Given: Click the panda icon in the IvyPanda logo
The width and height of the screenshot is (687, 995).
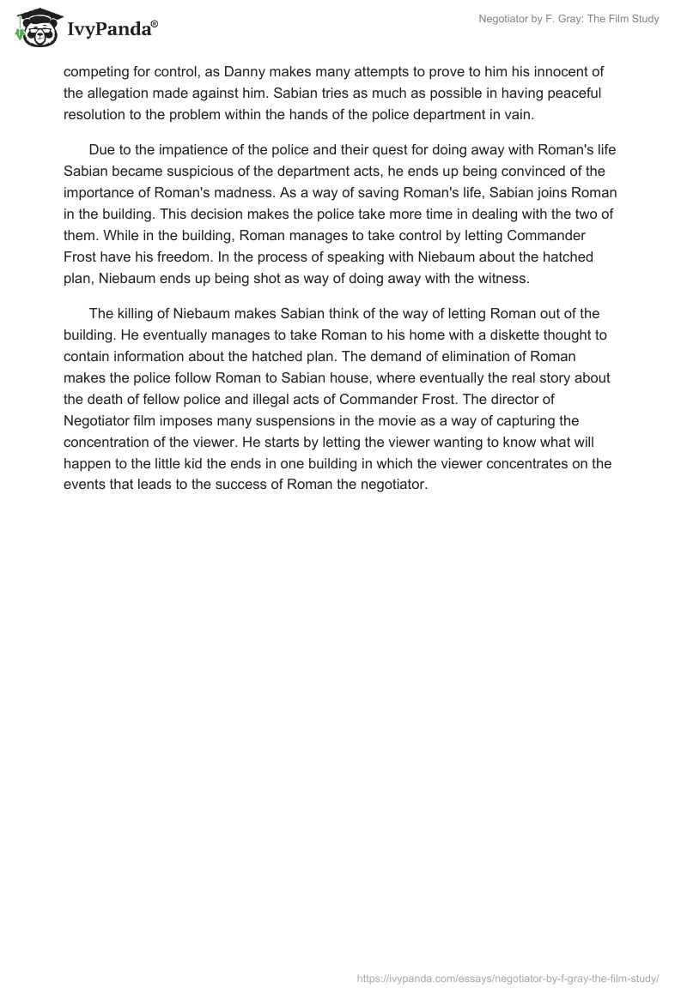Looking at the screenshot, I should point(33,27).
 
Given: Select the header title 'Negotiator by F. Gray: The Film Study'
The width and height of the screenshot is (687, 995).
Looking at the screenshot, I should point(568,19).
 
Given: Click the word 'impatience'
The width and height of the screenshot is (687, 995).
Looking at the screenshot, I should point(172,148).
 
